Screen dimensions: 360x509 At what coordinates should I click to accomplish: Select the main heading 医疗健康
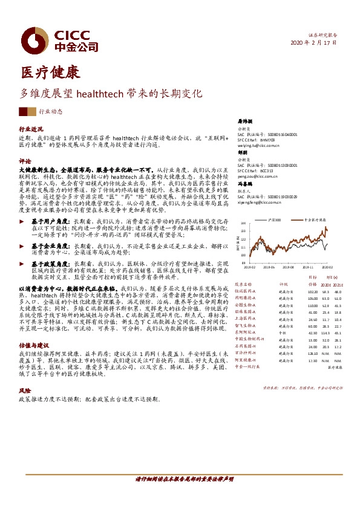click(x=50, y=73)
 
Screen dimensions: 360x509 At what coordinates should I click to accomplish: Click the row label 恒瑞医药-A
click(x=245, y=291)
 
